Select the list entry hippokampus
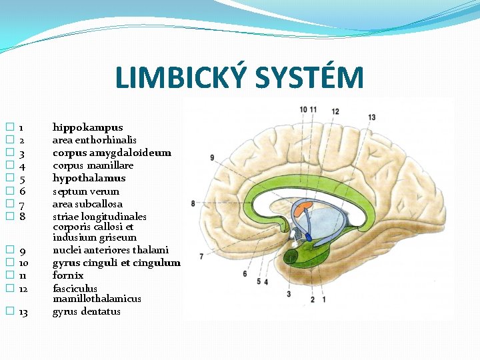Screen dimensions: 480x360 tap(87, 127)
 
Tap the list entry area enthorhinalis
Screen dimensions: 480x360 tap(94, 140)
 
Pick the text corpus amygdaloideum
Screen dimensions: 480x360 tap(111, 153)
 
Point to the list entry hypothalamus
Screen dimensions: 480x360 tap(89, 178)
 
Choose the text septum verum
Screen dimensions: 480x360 tap(86, 191)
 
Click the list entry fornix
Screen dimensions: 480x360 tap(68, 275)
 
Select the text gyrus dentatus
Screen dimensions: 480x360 tap(87, 311)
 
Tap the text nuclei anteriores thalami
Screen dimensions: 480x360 tap(111, 250)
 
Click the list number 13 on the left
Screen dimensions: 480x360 tap(23, 312)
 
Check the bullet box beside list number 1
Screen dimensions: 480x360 tap(9, 127)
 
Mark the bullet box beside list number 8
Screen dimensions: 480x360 tap(9, 217)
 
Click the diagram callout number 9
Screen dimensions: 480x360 tap(211, 158)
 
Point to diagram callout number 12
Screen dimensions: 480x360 tap(335, 111)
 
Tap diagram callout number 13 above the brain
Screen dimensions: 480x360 tap(371, 117)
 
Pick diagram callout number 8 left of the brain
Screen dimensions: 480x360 tap(193, 203)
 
